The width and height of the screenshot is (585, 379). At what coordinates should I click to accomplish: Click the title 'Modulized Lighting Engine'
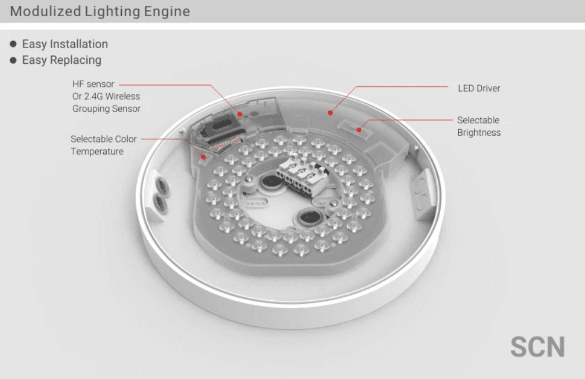(100, 11)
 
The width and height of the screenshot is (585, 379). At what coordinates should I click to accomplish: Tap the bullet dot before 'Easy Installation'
(13, 44)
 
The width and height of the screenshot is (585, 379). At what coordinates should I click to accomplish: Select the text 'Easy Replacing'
(61, 60)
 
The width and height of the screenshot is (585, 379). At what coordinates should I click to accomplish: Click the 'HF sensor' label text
(93, 84)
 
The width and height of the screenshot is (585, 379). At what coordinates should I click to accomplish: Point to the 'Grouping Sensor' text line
(106, 108)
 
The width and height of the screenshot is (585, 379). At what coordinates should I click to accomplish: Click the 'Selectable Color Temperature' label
(104, 145)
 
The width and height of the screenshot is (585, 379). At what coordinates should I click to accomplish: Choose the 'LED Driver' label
(479, 89)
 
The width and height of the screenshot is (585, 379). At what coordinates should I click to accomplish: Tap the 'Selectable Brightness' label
(479, 126)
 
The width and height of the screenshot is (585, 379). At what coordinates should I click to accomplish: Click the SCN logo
(537, 347)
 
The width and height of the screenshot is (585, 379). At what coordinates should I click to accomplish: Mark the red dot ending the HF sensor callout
(239, 114)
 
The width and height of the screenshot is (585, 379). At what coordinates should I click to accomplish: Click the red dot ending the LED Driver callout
(330, 112)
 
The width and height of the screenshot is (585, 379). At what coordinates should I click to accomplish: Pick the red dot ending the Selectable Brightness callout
(358, 130)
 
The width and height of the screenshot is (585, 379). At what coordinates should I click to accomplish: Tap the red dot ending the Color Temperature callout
(204, 157)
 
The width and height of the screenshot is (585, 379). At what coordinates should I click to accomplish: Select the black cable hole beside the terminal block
(271, 183)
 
